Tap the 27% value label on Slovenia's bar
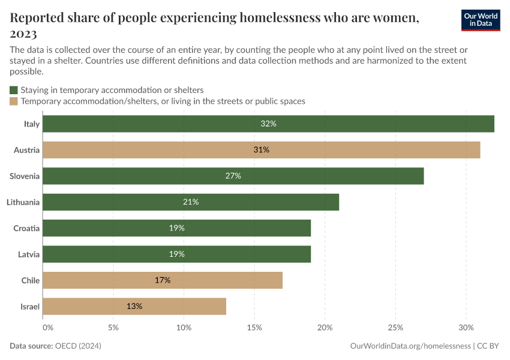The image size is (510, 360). click(233, 176)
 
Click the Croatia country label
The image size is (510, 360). click(26, 228)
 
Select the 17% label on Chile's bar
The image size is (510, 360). click(163, 280)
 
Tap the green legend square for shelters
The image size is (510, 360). click(14, 90)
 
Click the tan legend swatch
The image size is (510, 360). click(14, 101)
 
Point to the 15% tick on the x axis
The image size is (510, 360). click(254, 328)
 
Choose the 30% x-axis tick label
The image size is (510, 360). click(466, 328)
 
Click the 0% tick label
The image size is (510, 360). click(48, 328)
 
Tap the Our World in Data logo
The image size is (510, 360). click(480, 20)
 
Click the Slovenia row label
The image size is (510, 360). click(25, 176)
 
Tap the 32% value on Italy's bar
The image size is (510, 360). click(268, 124)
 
